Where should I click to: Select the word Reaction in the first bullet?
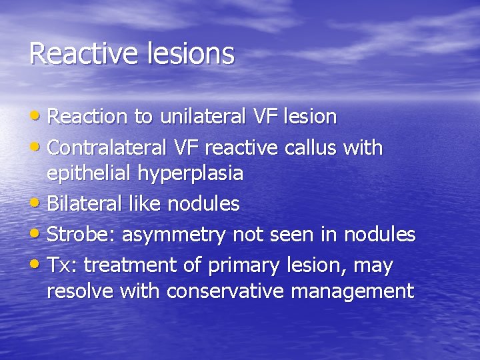point(87,117)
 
